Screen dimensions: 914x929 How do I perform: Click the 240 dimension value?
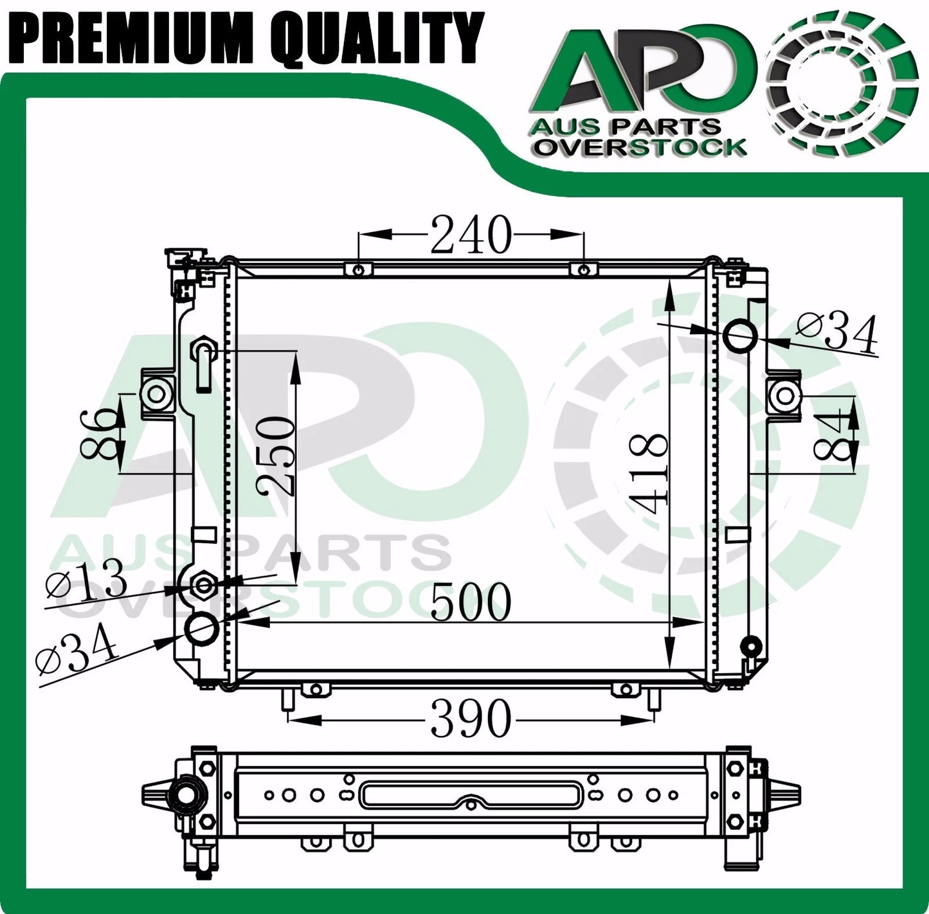[471, 235]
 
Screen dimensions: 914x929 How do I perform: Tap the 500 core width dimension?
[471, 604]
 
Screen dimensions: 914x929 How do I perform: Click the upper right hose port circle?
[741, 336]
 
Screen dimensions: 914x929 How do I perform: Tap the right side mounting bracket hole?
[782, 395]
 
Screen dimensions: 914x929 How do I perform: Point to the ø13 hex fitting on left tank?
[204, 584]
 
